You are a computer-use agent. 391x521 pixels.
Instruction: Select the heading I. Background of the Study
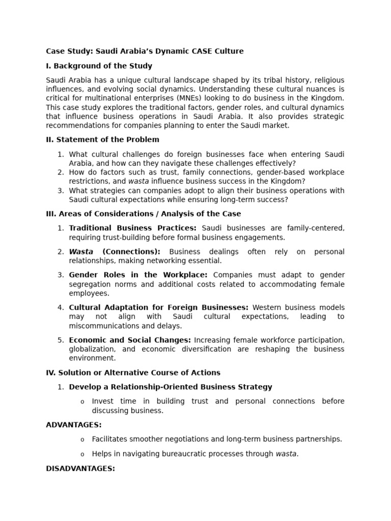point(99,66)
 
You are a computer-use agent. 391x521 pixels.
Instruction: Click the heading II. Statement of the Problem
point(102,139)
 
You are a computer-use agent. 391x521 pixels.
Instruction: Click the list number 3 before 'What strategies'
point(60,191)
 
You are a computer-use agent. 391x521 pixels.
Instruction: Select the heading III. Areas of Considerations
point(143,214)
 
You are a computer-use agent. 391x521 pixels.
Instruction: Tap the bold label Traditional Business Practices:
point(132,228)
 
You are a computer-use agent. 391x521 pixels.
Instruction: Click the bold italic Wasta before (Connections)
point(81,252)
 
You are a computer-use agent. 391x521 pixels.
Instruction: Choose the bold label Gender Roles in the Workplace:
point(138,275)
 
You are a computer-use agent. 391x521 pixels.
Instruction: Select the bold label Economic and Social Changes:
point(130,340)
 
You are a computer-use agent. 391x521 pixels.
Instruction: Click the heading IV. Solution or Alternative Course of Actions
point(133,372)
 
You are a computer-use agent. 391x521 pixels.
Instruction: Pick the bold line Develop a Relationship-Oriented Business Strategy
point(171,387)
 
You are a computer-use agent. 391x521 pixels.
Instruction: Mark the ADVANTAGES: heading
point(74,425)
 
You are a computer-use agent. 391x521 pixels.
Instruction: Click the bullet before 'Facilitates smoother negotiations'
point(82,440)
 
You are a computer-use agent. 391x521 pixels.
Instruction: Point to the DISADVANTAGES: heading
point(80,469)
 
